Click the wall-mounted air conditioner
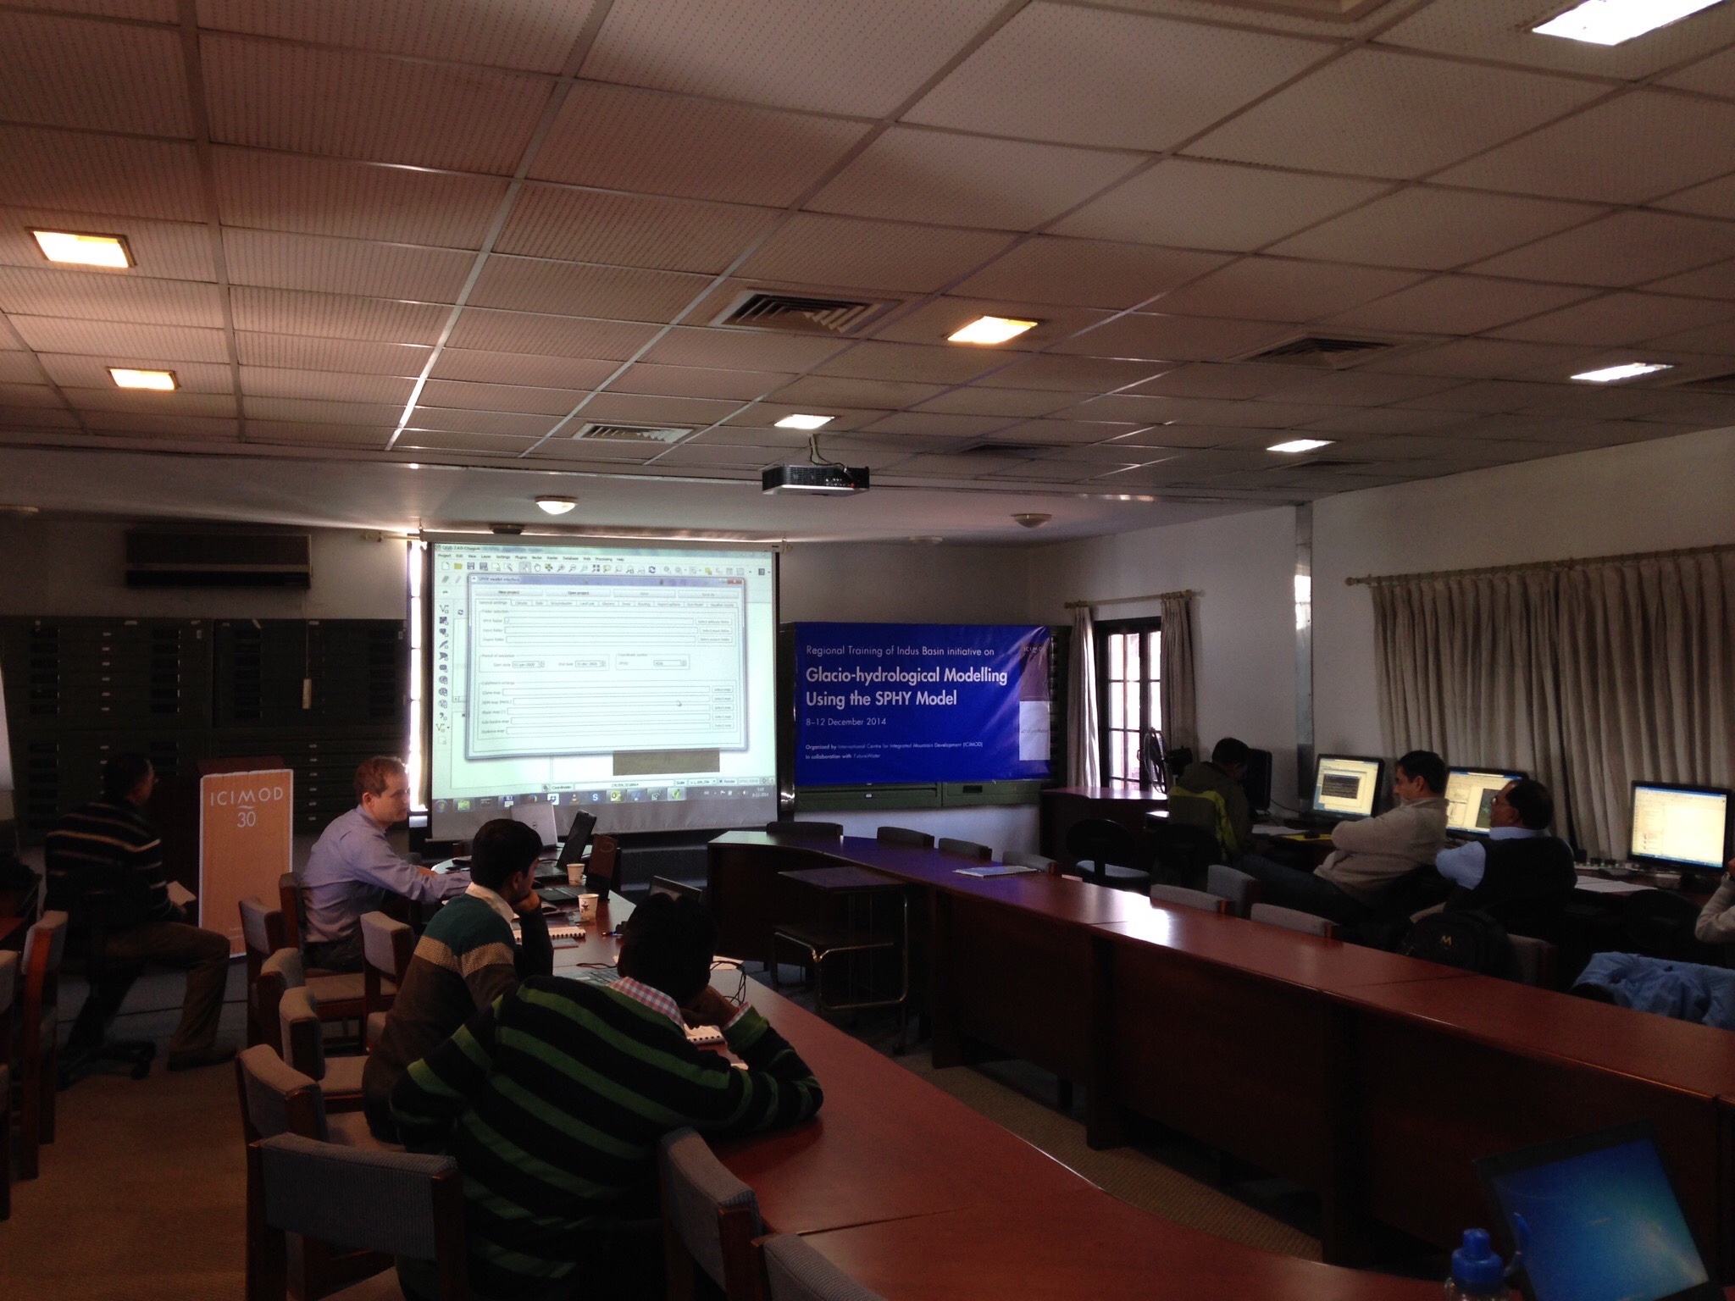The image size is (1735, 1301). click(218, 559)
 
